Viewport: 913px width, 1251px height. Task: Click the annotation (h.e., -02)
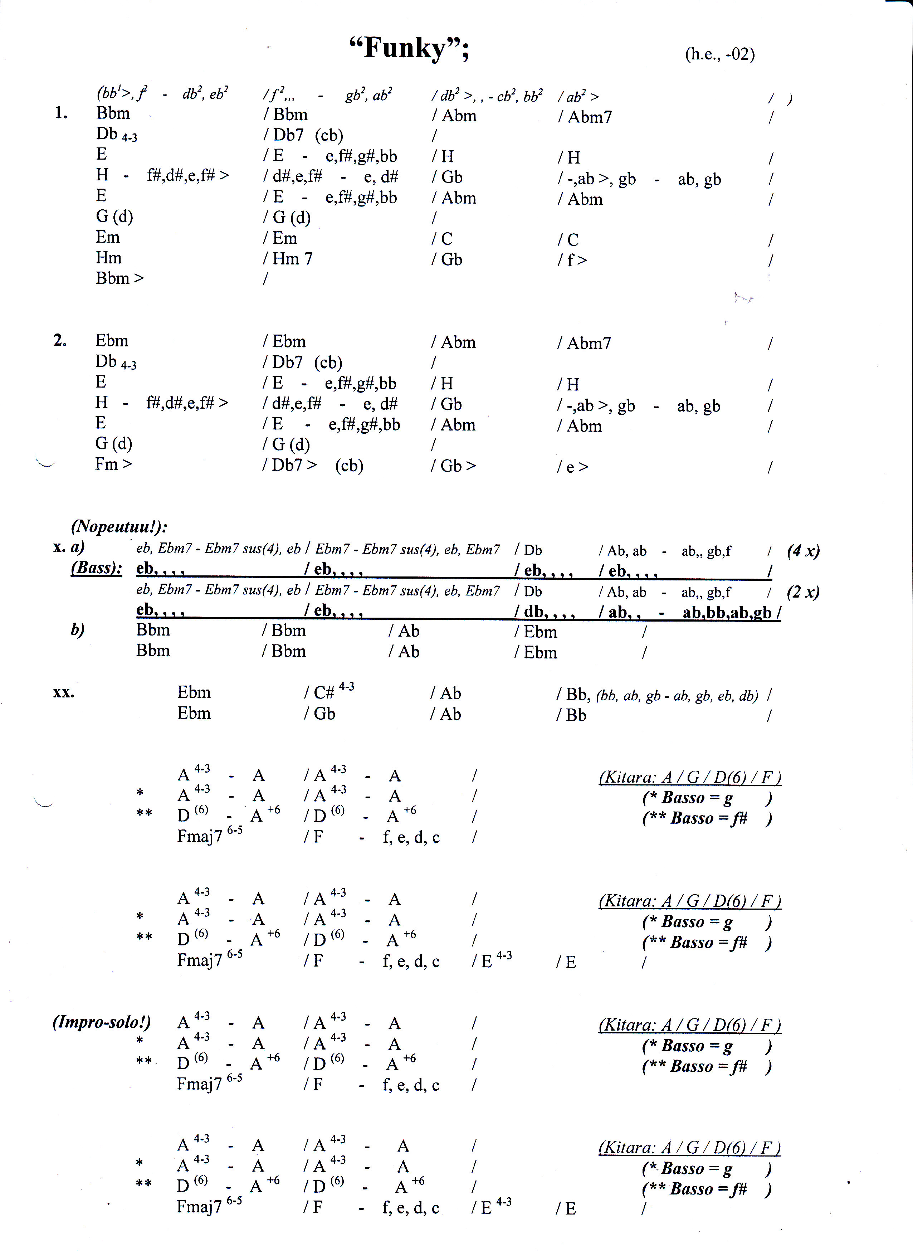[x=719, y=54]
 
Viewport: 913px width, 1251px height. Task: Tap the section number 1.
[x=61, y=113]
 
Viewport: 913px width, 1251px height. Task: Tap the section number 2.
[x=60, y=341]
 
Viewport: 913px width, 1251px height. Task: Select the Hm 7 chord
[x=292, y=259]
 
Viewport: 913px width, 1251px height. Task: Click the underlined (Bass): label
[x=97, y=568]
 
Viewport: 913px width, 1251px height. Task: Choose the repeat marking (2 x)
[x=803, y=592]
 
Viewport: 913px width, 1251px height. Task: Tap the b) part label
[x=77, y=630]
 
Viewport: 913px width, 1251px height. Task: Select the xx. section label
[x=64, y=692]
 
